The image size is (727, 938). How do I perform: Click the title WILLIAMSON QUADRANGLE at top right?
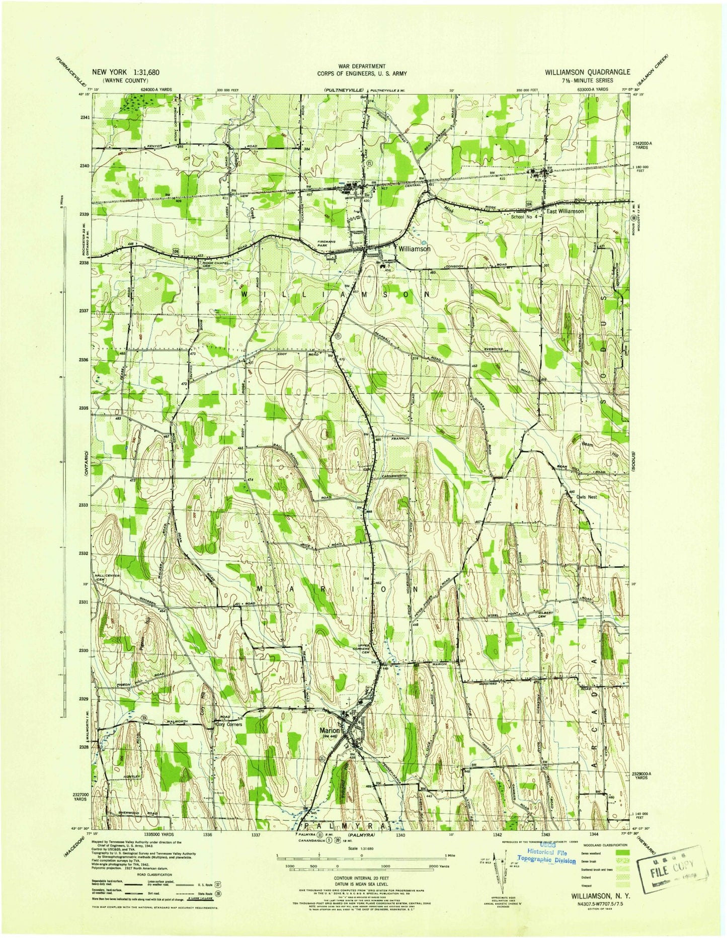pos(587,72)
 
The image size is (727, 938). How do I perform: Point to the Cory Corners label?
pos(229,724)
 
